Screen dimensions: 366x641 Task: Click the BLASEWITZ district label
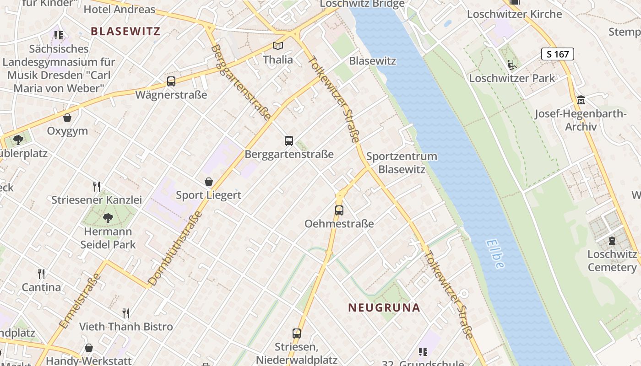pyautogui.click(x=125, y=31)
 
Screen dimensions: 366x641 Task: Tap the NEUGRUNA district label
pyautogui.click(x=384, y=307)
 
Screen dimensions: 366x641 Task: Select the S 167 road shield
pyautogui.click(x=557, y=54)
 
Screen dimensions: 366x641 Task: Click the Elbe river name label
pyautogui.click(x=495, y=254)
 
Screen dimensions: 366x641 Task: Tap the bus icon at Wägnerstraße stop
pyautogui.click(x=171, y=81)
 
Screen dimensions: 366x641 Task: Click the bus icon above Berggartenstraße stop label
pyautogui.click(x=288, y=141)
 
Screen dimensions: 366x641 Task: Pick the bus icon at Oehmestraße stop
pyautogui.click(x=339, y=210)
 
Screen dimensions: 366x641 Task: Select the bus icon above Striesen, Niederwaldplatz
pyautogui.click(x=297, y=334)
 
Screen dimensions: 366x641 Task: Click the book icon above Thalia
pyautogui.click(x=278, y=46)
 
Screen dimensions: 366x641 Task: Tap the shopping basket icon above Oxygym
pyautogui.click(x=67, y=118)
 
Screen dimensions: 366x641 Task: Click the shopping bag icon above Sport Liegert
pyautogui.click(x=209, y=182)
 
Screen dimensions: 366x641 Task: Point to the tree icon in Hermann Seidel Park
pyautogui.click(x=108, y=218)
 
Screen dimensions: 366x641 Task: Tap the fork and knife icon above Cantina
pyautogui.click(x=42, y=274)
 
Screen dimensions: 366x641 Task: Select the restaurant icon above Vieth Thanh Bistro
pyautogui.click(x=126, y=313)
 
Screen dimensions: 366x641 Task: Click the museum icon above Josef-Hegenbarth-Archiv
pyautogui.click(x=581, y=100)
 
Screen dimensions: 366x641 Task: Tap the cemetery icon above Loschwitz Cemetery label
pyautogui.click(x=612, y=241)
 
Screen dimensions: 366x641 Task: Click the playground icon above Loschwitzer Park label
pyautogui.click(x=512, y=65)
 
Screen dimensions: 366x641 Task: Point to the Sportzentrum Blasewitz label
pyautogui.click(x=402, y=163)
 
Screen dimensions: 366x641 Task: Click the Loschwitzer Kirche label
pyautogui.click(x=514, y=14)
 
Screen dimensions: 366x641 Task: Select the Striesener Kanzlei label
pyautogui.click(x=97, y=200)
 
